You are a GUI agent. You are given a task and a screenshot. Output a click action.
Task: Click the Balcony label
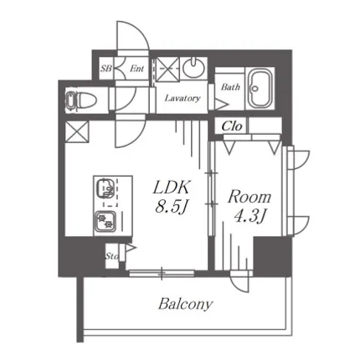(185, 304)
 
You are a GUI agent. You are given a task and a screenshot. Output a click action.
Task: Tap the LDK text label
(172, 188)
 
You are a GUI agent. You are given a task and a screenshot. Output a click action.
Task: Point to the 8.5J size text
(171, 208)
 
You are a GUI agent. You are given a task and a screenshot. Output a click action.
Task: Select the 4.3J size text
(249, 217)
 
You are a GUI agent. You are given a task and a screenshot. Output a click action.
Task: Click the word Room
(249, 197)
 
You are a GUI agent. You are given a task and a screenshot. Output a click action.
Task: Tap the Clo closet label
(231, 126)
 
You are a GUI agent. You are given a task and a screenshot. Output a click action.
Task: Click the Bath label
(230, 87)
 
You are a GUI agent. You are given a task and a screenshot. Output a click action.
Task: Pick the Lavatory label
(183, 98)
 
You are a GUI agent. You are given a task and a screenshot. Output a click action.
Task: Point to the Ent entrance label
(136, 69)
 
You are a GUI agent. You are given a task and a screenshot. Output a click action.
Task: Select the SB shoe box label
(106, 69)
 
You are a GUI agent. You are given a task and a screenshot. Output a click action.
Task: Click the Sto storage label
(111, 256)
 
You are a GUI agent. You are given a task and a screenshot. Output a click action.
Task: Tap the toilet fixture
(81, 100)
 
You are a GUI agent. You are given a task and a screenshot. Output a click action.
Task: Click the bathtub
(260, 88)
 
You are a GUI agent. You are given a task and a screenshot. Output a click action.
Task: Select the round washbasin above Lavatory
(193, 68)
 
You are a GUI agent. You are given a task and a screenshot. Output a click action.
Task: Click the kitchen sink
(105, 188)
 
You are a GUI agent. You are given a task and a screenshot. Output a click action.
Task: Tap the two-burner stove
(105, 222)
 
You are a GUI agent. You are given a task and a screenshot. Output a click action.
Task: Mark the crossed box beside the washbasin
(167, 69)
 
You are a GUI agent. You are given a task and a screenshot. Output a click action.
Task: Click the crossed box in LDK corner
(77, 131)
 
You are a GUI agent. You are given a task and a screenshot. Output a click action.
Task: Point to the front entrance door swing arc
(132, 35)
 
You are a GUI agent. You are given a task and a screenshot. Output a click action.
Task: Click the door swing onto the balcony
(240, 282)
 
